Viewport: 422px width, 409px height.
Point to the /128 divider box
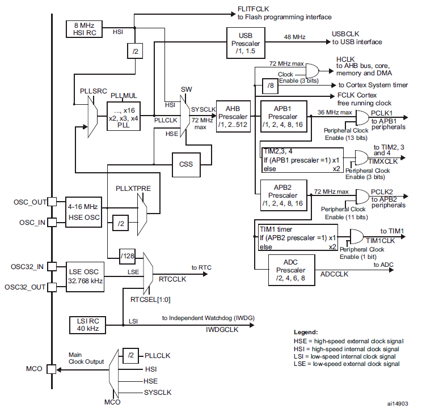[x=127, y=256]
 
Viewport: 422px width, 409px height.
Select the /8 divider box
[x=270, y=86]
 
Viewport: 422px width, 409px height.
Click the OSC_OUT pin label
[x=30, y=202]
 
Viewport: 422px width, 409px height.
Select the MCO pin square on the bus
[x=52, y=369]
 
